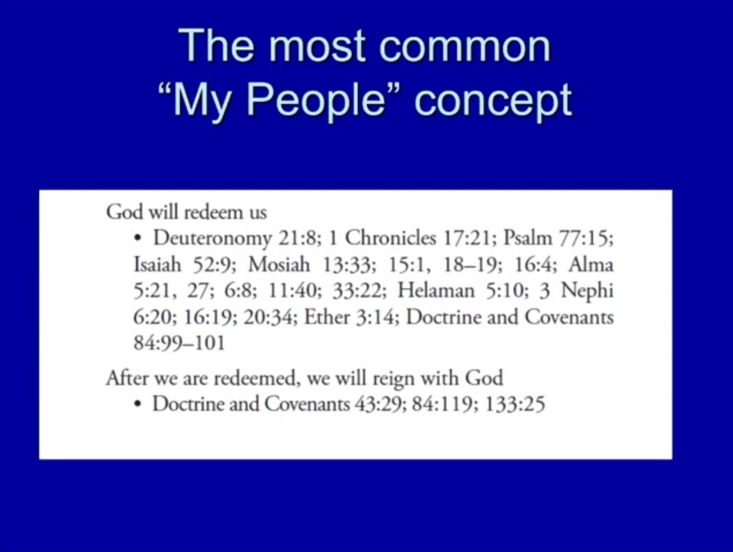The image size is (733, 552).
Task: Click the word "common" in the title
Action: click(465, 46)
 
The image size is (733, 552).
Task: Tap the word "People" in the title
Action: click(316, 99)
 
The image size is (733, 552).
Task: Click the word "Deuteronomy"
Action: click(212, 239)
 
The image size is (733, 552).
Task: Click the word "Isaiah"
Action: click(157, 264)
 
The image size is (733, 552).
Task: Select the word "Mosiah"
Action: click(279, 264)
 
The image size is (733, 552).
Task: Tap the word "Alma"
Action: click(591, 264)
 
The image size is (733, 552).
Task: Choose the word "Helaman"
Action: click(435, 291)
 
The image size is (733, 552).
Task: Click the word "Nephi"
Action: click(587, 291)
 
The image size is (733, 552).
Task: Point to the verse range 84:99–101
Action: click(179, 343)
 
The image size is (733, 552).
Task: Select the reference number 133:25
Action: click(515, 404)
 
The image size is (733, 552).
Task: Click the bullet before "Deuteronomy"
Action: click(138, 238)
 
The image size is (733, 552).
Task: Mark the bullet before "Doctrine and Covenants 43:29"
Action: click(138, 404)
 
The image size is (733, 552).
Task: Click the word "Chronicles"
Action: click(390, 238)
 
